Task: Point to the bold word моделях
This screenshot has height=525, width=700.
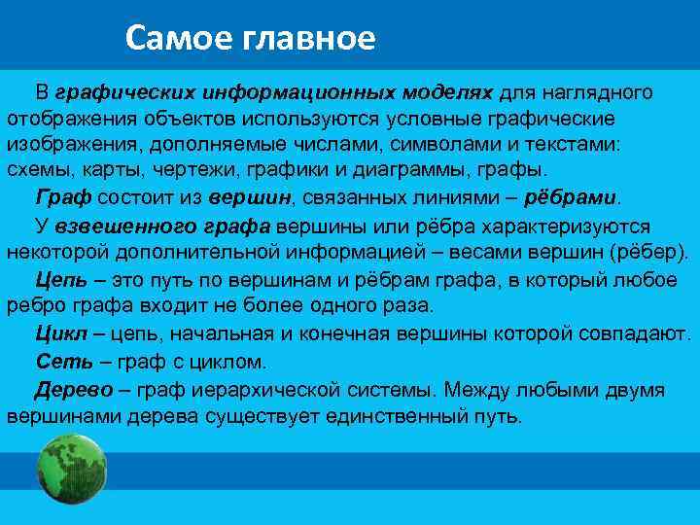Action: (446, 92)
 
